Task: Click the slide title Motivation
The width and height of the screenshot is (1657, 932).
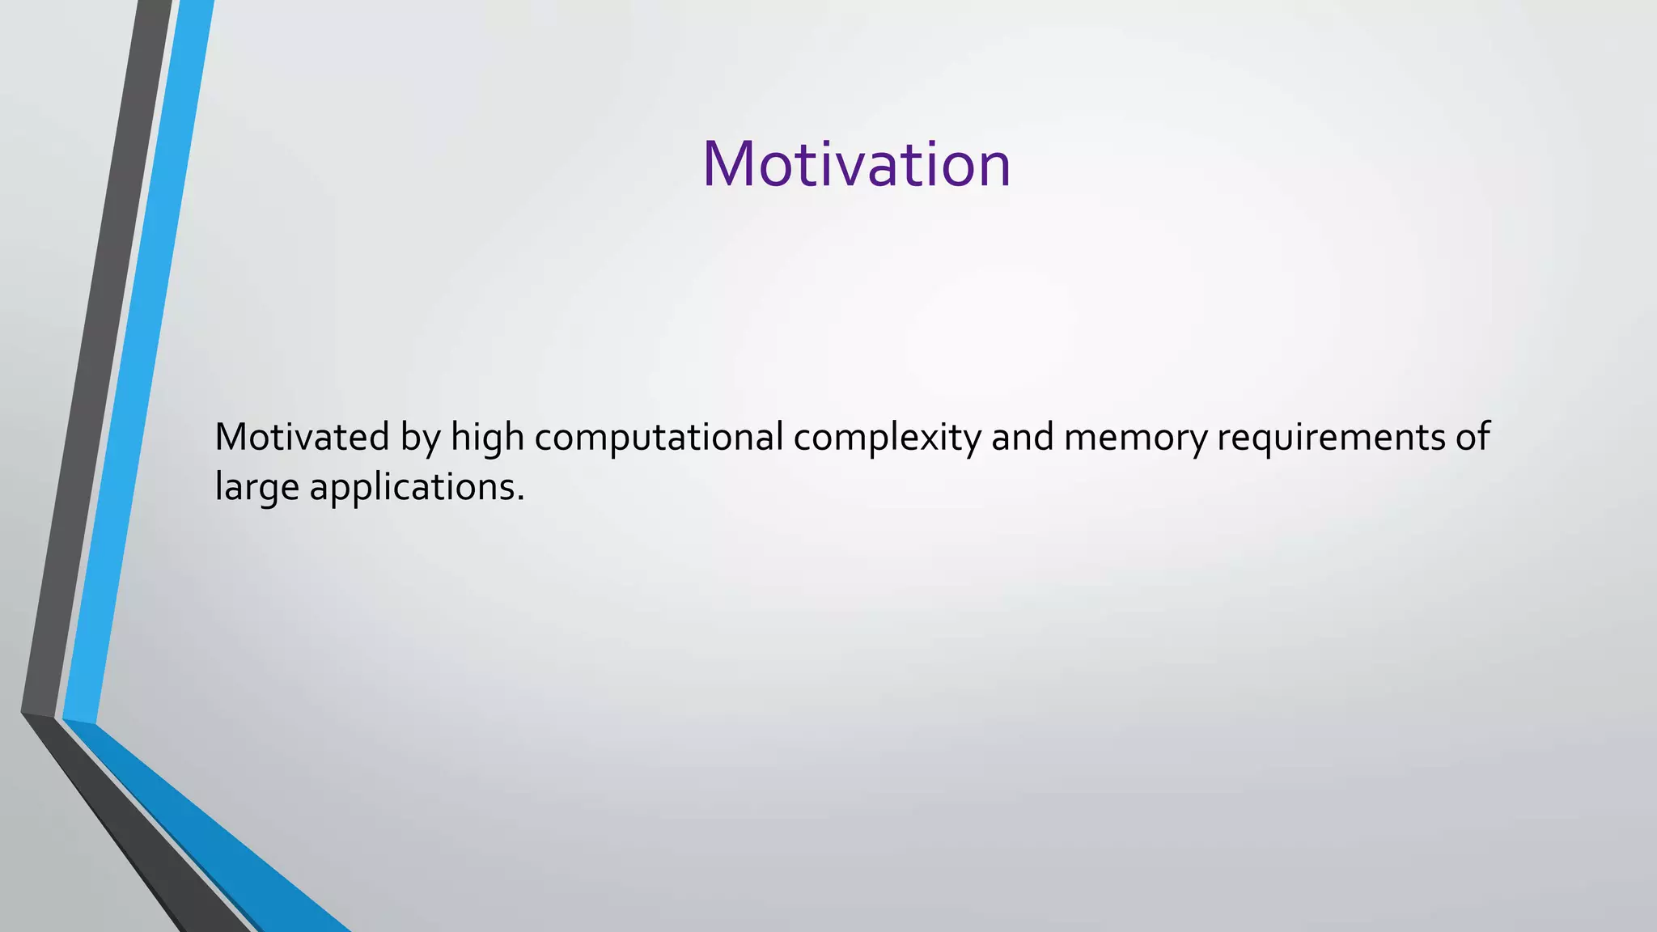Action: pyautogui.click(x=856, y=164)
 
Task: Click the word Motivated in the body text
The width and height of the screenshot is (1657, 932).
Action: pyautogui.click(x=302, y=437)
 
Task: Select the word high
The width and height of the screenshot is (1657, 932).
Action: pyautogui.click(x=487, y=438)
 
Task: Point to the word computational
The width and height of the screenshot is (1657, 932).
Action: pyautogui.click(x=659, y=438)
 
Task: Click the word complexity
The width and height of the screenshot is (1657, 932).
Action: pyautogui.click(x=887, y=438)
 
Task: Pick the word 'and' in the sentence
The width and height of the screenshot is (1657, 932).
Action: pyautogui.click(x=1023, y=437)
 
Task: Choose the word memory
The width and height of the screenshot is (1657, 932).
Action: pyautogui.click(x=1135, y=438)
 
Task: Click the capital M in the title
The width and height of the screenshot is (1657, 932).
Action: pyautogui.click(x=731, y=165)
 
